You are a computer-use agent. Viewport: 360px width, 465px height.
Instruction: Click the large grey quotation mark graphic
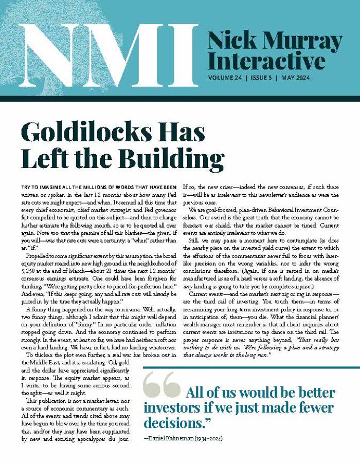tap(161, 385)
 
